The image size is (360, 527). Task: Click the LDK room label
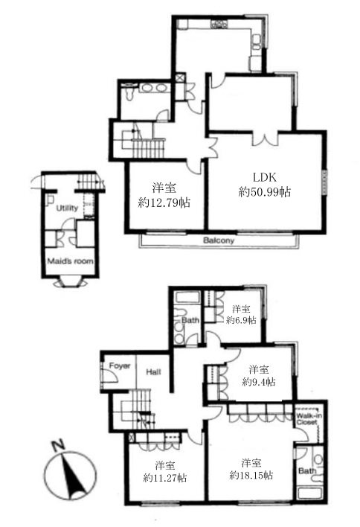click(264, 177)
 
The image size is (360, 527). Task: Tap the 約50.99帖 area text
click(265, 192)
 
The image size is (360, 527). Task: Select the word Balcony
click(219, 240)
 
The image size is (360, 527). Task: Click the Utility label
click(67, 208)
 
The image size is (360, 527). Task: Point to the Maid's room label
click(70, 261)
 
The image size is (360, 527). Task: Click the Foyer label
click(120, 365)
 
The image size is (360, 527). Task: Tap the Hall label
click(153, 371)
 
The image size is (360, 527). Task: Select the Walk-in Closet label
click(307, 418)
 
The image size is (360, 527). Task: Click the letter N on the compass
click(59, 445)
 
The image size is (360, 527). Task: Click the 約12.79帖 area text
click(164, 202)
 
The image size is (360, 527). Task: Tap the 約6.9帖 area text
click(241, 319)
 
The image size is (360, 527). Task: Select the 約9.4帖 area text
click(259, 382)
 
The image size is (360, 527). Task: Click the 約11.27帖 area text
click(165, 478)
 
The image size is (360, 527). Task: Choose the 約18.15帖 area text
click(251, 475)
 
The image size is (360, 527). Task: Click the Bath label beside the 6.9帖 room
click(190, 320)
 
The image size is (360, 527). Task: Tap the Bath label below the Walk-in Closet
click(307, 470)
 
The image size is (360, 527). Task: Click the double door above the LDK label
click(266, 138)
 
